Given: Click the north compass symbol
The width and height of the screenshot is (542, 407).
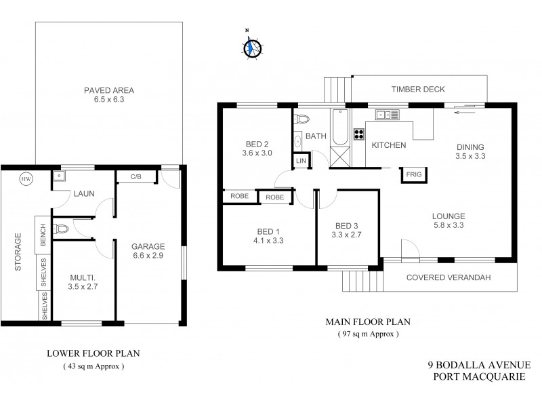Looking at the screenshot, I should pos(252,47).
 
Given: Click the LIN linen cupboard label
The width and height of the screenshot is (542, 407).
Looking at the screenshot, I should pos(299,160).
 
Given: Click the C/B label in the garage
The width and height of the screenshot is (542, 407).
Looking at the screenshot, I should pos(135,176).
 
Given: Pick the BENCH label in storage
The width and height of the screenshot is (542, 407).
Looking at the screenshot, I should pos(43,234).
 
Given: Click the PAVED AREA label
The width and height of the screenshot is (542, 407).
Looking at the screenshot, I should pos(109,90).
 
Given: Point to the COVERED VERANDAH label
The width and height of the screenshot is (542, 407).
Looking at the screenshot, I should pos(449,277).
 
